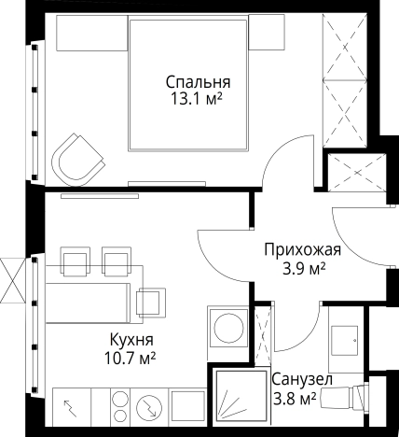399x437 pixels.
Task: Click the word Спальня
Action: coord(198,82)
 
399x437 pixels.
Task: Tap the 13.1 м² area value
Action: coord(197,99)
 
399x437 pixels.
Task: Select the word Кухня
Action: coord(131,340)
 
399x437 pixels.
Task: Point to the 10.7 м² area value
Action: coord(130,359)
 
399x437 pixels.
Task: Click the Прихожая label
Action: coord(302,250)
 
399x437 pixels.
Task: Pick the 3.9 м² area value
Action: coord(304,268)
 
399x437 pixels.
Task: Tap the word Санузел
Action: coord(302,379)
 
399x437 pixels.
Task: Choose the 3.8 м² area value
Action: coord(295,399)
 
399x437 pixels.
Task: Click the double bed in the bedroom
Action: coord(188,85)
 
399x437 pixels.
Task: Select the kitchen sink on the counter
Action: coord(187,407)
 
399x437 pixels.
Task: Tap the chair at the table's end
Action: coord(151,303)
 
